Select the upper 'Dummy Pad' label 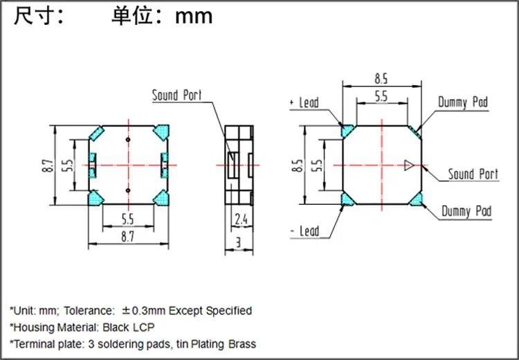point(463,103)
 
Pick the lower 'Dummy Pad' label point(466,212)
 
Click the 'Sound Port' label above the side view point(177,96)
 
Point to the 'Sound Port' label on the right point(473,174)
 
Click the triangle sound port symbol point(410,165)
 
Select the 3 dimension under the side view point(237,242)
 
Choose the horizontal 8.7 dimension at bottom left point(129,237)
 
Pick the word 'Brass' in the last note point(241,344)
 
